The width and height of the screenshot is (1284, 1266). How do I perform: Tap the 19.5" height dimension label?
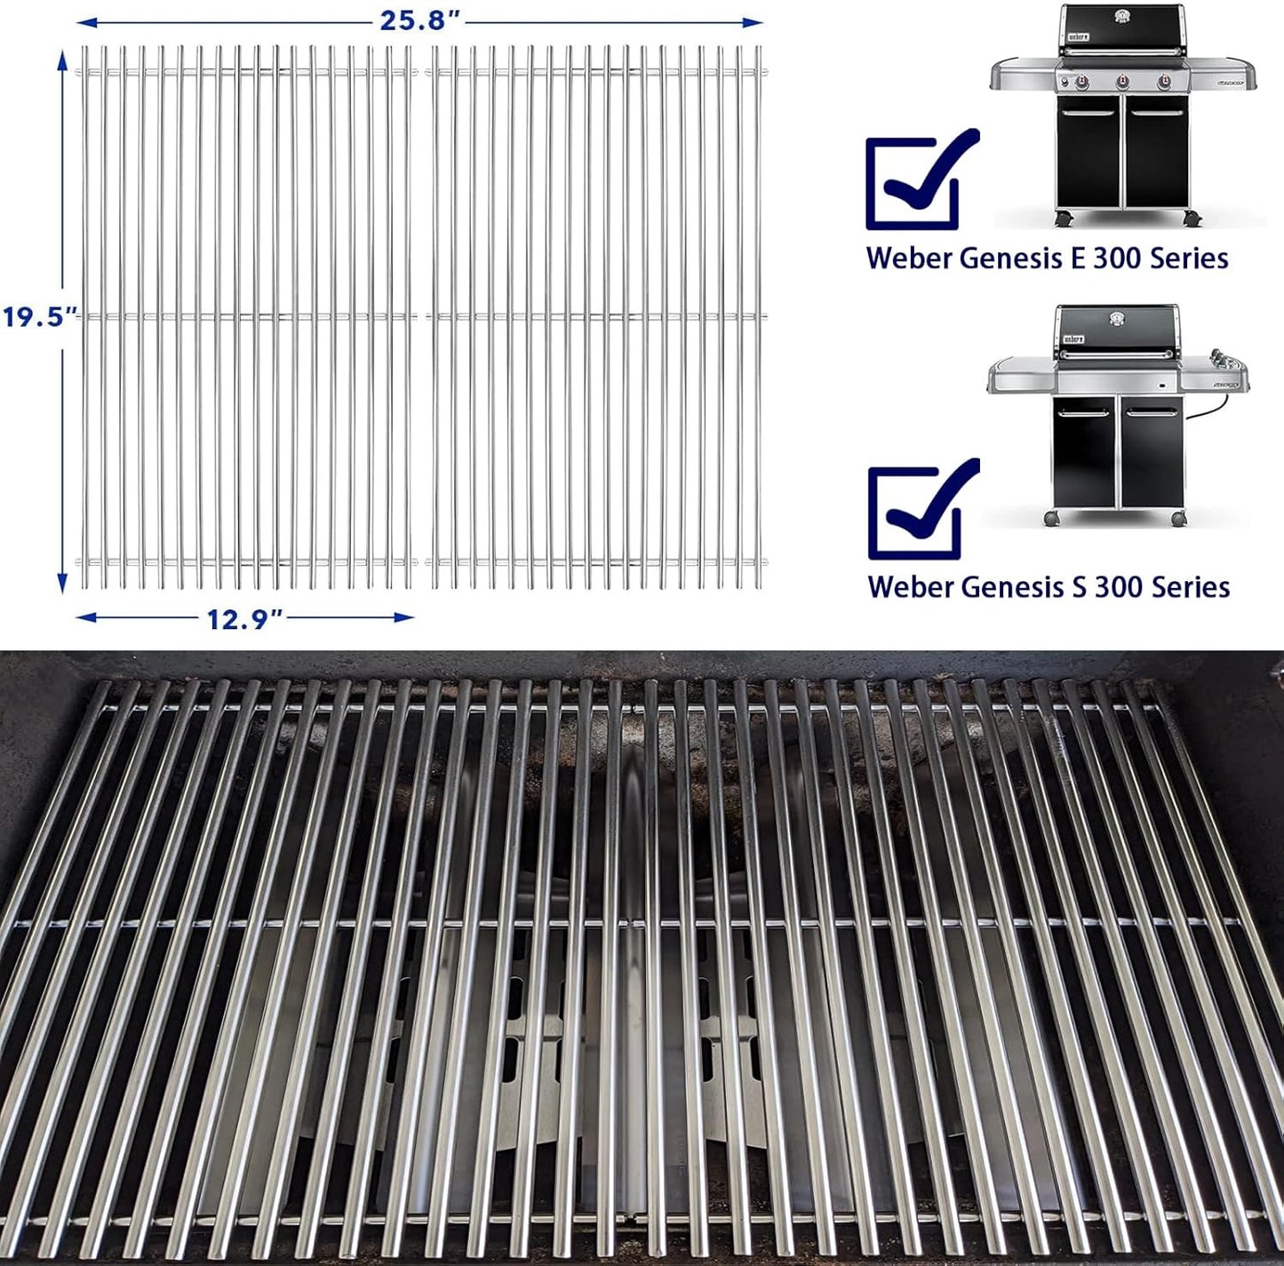(40, 316)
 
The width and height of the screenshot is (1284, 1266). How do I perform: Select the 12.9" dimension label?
(244, 618)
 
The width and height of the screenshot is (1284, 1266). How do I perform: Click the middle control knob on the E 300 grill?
(1121, 82)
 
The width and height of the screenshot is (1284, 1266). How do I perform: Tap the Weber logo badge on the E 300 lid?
(1078, 36)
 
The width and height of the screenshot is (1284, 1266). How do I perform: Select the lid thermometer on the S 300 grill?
(1117, 319)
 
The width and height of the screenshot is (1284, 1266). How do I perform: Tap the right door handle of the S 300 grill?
(1148, 412)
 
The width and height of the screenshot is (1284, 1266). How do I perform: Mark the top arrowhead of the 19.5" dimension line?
(62, 59)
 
